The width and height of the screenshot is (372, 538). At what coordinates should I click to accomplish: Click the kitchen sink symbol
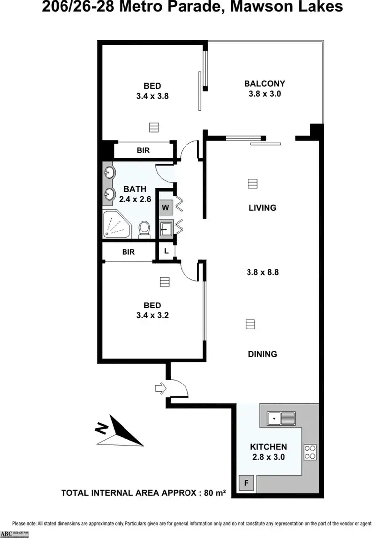281,418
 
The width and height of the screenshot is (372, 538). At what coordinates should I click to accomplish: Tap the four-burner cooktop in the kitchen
310,451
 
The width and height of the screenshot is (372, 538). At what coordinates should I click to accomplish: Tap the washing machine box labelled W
165,207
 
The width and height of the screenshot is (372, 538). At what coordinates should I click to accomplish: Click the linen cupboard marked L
166,251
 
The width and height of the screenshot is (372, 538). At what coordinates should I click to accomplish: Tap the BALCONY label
264,84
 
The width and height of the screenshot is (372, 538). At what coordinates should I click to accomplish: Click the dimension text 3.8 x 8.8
262,272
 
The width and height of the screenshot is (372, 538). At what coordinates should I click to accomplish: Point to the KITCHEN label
268,447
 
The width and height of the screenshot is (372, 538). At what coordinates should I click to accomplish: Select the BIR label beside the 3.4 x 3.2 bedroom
128,252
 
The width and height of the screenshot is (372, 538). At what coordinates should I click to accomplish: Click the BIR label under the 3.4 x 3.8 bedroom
143,150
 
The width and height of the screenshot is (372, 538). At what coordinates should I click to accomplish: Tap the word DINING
262,354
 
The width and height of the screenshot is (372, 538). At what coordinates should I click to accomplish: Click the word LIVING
262,208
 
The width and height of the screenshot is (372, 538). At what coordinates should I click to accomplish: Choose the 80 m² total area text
215,493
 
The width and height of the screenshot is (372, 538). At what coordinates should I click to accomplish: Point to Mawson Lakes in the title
288,7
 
